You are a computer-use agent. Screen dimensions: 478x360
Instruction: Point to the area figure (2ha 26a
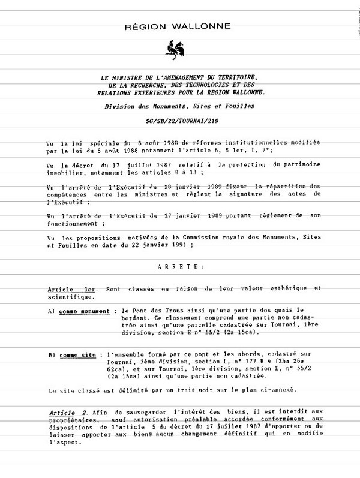tap(298, 363)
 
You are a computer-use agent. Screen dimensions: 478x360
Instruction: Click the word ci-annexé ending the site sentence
tap(276, 391)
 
